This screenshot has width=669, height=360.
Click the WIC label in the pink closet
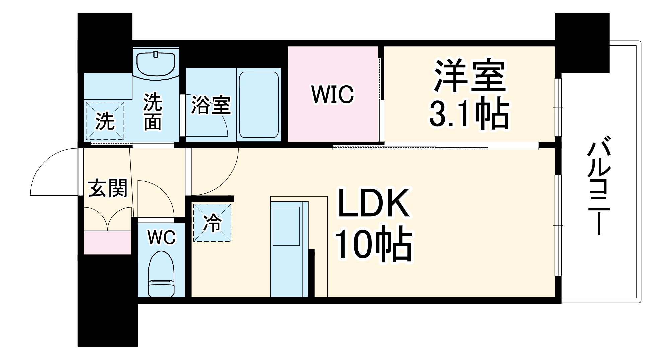332,95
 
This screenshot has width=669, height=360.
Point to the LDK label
373,203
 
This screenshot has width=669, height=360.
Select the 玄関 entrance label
107,188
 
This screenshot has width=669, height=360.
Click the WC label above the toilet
162,238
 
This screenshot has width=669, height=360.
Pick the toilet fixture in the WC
161,275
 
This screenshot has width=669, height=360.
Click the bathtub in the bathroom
258,104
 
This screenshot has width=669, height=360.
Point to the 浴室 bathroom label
211,105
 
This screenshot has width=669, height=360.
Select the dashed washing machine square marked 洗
105,121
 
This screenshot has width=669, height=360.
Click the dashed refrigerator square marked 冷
212,222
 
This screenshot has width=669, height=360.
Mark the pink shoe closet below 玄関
107,242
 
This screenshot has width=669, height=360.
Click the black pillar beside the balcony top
582,43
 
